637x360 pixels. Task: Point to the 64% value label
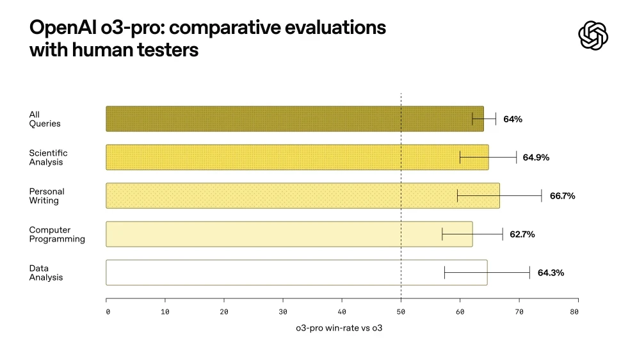(x=513, y=119)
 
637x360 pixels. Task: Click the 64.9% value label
(x=536, y=158)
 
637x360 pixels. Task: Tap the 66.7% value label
(x=562, y=196)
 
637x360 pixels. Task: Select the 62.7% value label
(x=522, y=234)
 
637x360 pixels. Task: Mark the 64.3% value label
(x=551, y=273)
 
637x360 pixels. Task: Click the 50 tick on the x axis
(x=401, y=311)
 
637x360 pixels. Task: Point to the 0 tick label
(x=108, y=312)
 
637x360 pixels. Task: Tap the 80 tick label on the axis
(x=574, y=312)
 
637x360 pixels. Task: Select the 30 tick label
(x=283, y=312)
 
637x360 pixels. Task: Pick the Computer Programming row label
(x=57, y=234)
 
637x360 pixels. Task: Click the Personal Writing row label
(x=47, y=196)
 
